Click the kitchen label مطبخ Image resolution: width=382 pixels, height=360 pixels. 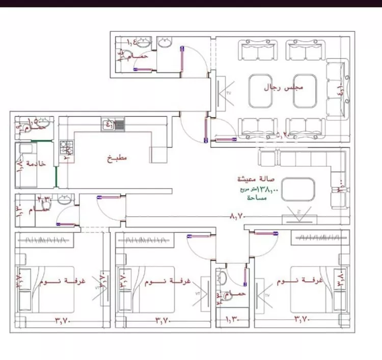[117, 159]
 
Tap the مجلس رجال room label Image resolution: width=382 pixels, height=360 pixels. [283, 87]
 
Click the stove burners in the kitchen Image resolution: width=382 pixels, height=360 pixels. [66, 148]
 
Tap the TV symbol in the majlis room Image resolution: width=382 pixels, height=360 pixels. [222, 95]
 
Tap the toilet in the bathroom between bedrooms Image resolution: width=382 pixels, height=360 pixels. [223, 278]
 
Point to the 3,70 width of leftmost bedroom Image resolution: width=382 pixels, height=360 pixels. [63, 320]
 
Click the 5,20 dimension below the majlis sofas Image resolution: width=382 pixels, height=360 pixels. [282, 135]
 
